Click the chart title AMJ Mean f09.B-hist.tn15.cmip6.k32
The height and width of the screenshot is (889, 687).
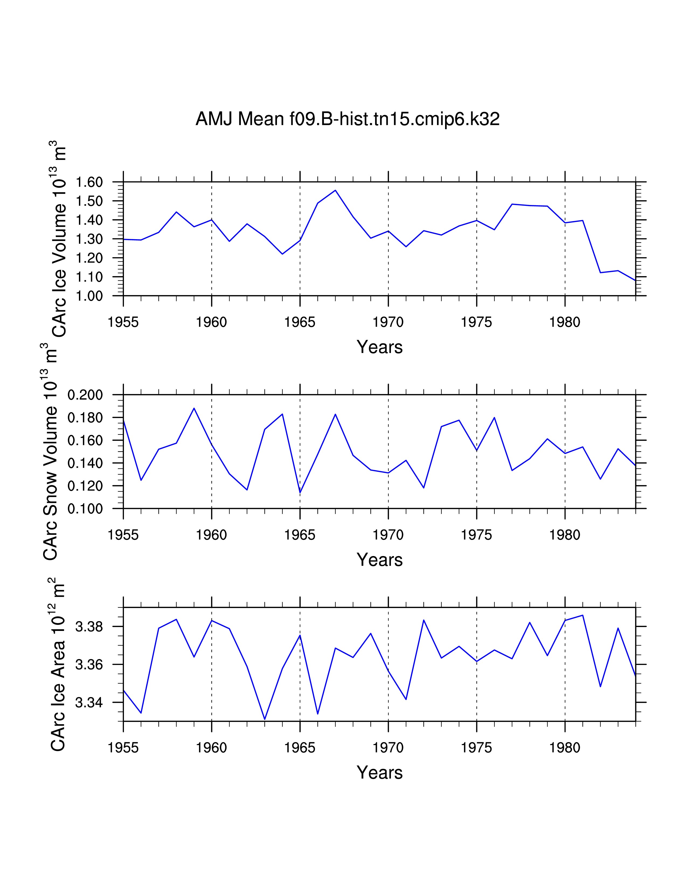(x=347, y=119)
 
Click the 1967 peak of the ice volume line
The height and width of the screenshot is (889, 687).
(x=335, y=190)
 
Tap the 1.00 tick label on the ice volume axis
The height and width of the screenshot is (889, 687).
(x=89, y=296)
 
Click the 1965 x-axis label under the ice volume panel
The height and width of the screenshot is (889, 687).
(x=300, y=322)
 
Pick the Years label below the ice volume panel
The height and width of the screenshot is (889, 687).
(x=379, y=347)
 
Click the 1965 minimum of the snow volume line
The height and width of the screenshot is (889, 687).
(x=300, y=492)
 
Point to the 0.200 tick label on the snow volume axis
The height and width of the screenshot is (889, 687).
(x=85, y=395)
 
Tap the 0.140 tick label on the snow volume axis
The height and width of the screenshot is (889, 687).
(x=85, y=463)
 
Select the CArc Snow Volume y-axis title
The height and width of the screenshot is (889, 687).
(x=50, y=452)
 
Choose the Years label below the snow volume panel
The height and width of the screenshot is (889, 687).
(x=379, y=560)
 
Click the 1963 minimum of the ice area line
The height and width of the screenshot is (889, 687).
(x=265, y=719)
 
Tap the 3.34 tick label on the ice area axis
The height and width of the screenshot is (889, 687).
(x=89, y=703)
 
